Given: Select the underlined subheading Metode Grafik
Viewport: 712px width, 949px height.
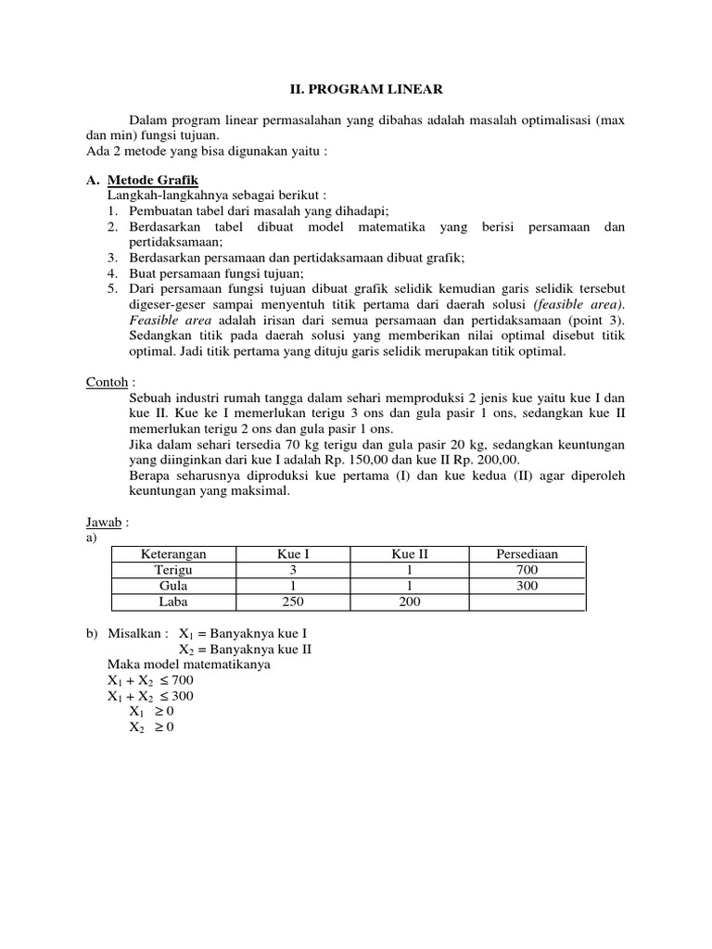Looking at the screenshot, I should (x=153, y=179).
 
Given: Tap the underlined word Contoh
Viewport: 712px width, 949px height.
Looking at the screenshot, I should (x=91, y=382).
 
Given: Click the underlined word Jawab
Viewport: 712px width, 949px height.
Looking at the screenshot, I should (x=90, y=523).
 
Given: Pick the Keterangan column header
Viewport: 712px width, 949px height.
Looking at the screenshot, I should (x=173, y=553).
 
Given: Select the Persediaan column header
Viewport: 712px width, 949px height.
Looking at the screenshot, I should (x=528, y=553).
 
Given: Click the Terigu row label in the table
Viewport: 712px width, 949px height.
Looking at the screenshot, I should (x=173, y=570).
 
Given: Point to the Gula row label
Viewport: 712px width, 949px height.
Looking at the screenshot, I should (x=173, y=586).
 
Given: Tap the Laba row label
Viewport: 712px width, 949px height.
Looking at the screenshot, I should (x=173, y=602).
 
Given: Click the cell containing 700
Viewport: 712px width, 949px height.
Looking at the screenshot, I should (x=528, y=570).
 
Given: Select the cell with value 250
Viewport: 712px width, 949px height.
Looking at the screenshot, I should (x=294, y=602).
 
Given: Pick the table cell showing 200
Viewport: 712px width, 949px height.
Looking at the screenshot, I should (x=410, y=602).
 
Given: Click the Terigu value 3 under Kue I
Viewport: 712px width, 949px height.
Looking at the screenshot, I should (x=294, y=570).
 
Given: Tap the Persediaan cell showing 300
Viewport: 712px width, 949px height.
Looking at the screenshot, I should (x=528, y=586).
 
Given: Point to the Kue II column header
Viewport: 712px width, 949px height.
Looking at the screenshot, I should (x=410, y=553).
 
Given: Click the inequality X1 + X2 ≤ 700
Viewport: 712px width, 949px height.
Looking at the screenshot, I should (x=151, y=680).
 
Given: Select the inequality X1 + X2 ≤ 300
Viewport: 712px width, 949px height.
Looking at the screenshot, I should (x=151, y=696).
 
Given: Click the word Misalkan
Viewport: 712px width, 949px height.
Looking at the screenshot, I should (x=136, y=633).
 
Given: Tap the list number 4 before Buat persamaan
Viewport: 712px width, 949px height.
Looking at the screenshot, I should (x=111, y=272).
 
